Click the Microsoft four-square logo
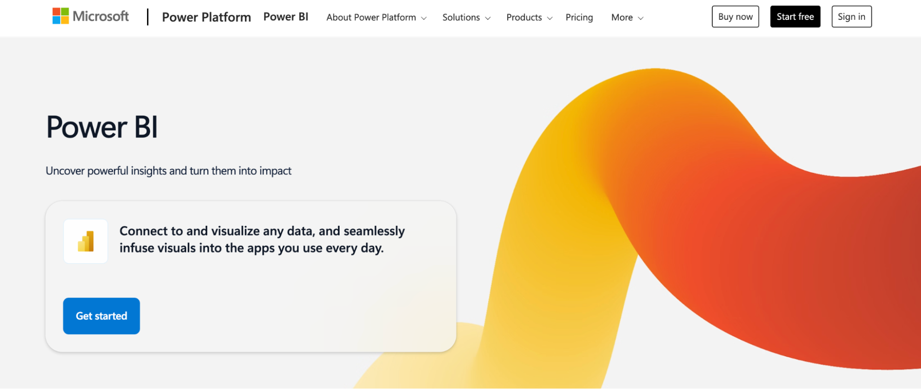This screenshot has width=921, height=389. click(x=60, y=16)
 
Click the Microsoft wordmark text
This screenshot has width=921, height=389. click(x=100, y=17)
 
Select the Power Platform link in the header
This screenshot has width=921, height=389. click(x=206, y=18)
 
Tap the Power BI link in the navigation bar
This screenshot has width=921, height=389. click(x=286, y=17)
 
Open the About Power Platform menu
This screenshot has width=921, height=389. click(x=371, y=18)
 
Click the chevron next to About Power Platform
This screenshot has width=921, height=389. click(x=424, y=18)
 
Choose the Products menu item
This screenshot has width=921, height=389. click(x=524, y=18)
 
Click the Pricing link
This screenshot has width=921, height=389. click(x=579, y=18)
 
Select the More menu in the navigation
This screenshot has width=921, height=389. click(x=622, y=18)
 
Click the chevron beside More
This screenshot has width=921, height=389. click(x=640, y=18)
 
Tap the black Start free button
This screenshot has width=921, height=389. click(x=795, y=17)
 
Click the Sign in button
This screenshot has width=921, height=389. click(x=851, y=17)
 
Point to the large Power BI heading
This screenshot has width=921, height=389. click(x=102, y=127)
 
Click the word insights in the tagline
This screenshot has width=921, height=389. click(x=148, y=171)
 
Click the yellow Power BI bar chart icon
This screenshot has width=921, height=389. click(x=86, y=242)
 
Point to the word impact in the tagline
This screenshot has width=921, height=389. click(x=275, y=171)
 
